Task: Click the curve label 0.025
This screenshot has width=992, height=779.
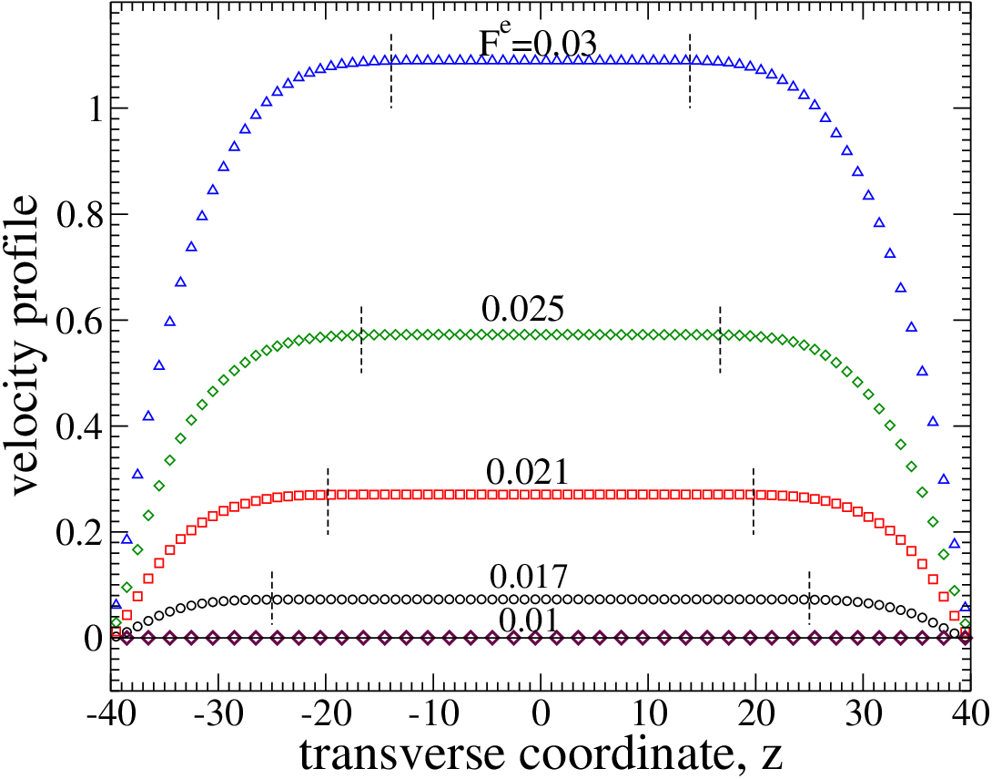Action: (522, 310)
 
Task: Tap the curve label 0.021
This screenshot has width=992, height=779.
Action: (528, 472)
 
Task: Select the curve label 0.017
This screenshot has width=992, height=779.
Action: (529, 577)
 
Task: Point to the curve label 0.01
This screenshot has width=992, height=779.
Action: (529, 620)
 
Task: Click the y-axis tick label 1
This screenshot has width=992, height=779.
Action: (95, 109)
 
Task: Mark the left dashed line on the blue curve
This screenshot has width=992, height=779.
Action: (391, 70)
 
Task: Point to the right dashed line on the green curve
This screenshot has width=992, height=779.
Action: (720, 340)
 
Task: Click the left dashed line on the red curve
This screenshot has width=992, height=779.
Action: (328, 502)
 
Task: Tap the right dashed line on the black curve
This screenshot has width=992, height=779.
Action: (809, 599)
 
